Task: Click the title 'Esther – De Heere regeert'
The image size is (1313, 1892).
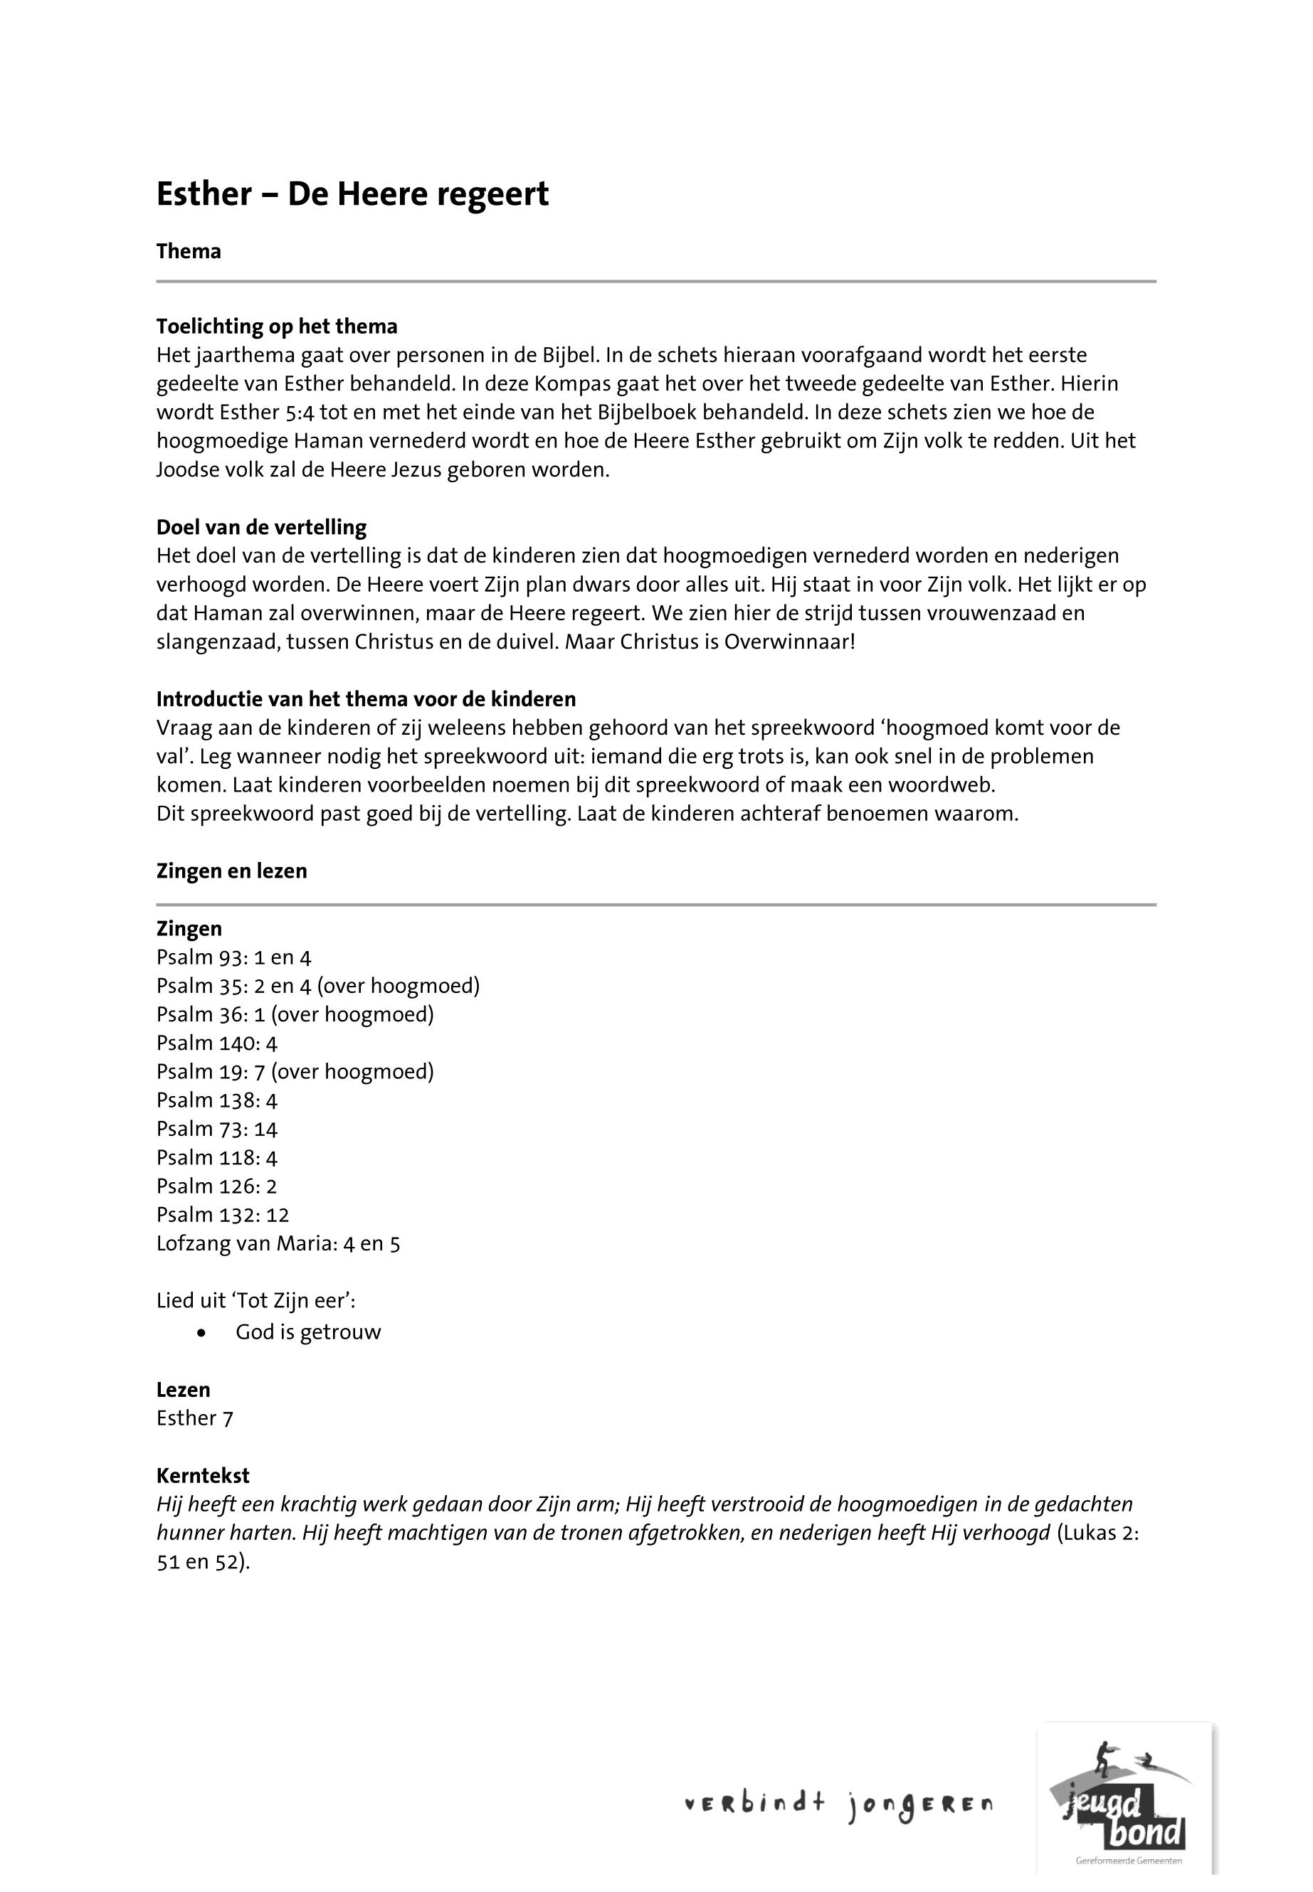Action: pos(352,195)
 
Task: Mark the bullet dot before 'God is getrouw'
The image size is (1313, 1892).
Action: pos(201,1333)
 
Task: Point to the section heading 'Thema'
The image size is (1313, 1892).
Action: pos(189,252)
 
